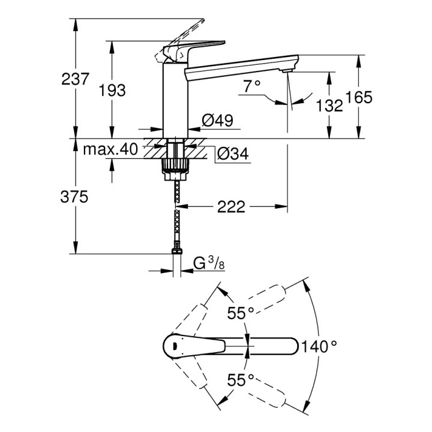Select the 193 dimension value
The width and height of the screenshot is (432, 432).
tap(112, 90)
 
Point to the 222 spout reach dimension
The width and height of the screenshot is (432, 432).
tap(232, 207)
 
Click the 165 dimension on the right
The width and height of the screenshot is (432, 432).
tap(359, 97)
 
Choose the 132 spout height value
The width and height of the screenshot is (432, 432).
tap(329, 105)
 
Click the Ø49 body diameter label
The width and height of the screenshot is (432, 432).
tap(217, 121)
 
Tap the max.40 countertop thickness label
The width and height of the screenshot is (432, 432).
tap(110, 148)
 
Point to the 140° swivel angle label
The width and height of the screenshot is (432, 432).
tap(319, 346)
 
